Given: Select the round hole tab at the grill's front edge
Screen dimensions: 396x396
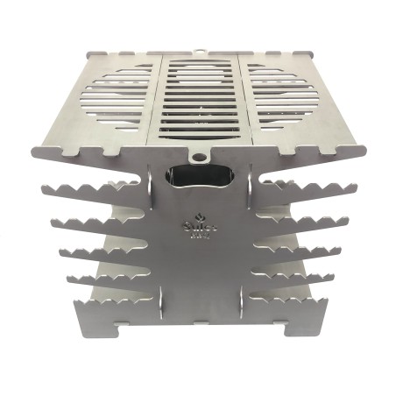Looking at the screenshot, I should click(201, 159).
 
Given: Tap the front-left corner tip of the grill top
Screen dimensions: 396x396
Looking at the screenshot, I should click(35, 151).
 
